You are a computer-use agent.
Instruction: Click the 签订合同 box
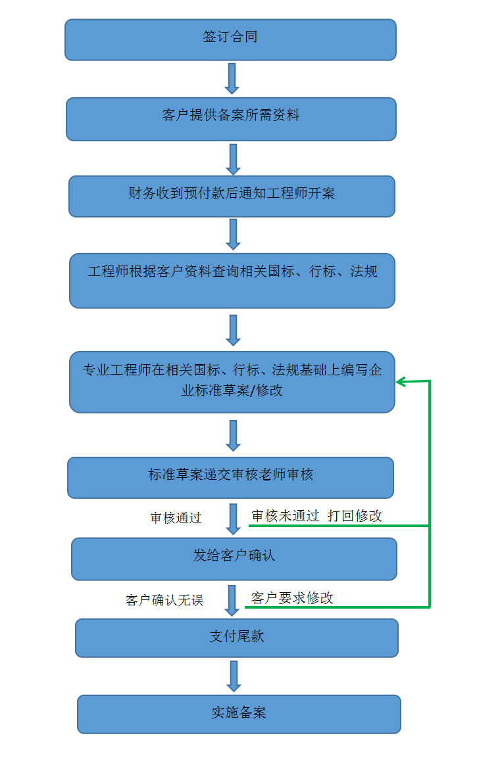point(230,39)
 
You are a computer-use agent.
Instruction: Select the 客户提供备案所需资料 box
point(231,119)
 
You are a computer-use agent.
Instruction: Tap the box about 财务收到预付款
point(232,196)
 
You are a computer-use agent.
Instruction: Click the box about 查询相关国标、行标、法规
point(232,281)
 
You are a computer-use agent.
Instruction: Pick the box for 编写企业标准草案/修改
point(232,382)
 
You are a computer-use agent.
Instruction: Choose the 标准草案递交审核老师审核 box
point(230,477)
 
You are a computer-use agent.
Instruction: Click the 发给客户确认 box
point(234,559)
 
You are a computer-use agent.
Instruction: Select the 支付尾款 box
point(237,638)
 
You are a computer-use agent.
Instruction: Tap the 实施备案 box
point(239,714)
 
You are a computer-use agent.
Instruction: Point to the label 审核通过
point(176,518)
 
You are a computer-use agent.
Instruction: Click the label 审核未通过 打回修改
point(316,516)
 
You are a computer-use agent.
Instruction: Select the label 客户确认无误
point(164,600)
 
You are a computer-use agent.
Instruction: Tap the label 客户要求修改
point(292,598)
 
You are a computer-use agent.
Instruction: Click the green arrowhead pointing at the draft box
point(401,382)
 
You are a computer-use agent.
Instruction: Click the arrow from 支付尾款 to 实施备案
point(233,676)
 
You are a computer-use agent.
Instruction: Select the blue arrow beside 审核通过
point(233,519)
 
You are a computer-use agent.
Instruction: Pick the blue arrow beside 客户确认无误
point(232,600)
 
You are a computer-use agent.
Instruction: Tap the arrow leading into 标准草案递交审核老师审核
point(232,435)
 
